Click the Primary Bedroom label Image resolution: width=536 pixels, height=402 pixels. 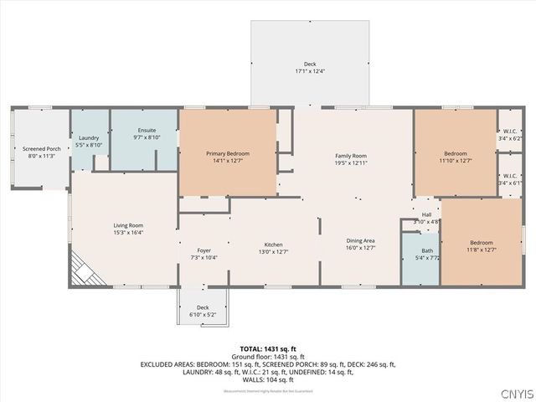coord(228,153)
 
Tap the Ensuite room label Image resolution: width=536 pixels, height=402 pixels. coord(147,131)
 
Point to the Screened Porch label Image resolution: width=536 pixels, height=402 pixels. coord(39,148)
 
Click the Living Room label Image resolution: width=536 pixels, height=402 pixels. coord(129,225)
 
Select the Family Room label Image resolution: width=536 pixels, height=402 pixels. coord(352,156)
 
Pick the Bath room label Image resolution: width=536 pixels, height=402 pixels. coord(427,250)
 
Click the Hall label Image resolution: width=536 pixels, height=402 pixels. coord(426,215)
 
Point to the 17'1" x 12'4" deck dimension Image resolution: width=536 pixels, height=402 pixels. coord(311,71)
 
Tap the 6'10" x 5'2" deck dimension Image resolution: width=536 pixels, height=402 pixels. coord(203,315)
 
